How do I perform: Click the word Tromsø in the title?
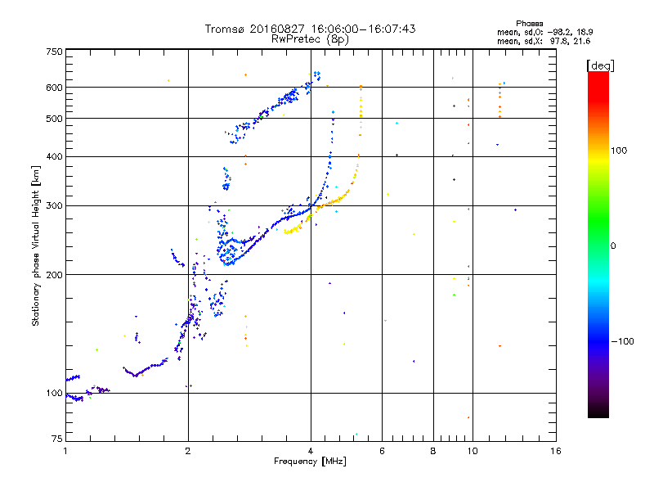[225, 29]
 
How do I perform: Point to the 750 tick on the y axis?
[55, 52]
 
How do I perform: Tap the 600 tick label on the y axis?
[55, 88]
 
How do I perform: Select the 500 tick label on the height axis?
[55, 119]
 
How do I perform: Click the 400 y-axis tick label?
[55, 156]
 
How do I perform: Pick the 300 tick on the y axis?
[55, 205]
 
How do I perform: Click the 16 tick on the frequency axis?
[555, 451]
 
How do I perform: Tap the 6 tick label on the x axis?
[382, 451]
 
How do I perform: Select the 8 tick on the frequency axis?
[432, 451]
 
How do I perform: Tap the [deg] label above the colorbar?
[601, 65]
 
